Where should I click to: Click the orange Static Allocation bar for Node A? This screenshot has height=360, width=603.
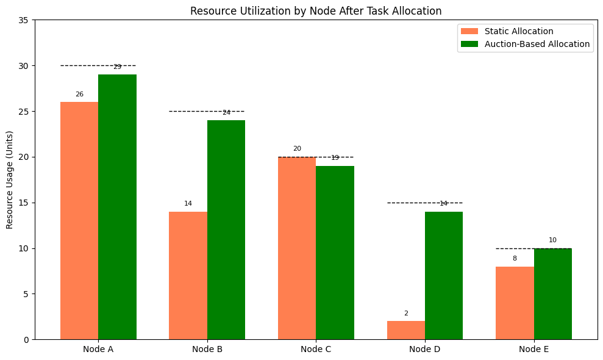pyautogui.click(x=79, y=220)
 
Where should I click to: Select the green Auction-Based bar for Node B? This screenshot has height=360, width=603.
pyautogui.click(x=226, y=229)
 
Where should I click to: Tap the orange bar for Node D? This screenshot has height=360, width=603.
pyautogui.click(x=406, y=330)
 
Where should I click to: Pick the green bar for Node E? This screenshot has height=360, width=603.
pyautogui.click(x=553, y=293)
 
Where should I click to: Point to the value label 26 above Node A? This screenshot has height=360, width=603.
pyautogui.click(x=79, y=95)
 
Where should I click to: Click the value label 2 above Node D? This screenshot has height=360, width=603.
pyautogui.click(x=406, y=314)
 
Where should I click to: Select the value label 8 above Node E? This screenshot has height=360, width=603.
pyautogui.click(x=515, y=259)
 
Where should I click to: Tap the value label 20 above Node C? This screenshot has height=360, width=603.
pyautogui.click(x=297, y=149)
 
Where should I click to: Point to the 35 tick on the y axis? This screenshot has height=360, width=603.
pyautogui.click(x=24, y=20)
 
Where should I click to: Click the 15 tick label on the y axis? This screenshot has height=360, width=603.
pyautogui.click(x=24, y=203)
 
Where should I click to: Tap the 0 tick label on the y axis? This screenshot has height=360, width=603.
pyautogui.click(x=26, y=340)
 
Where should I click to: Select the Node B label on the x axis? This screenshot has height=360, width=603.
pyautogui.click(x=207, y=350)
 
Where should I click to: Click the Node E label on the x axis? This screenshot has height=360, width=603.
pyautogui.click(x=534, y=350)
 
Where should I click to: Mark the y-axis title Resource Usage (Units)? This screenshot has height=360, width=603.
pyautogui.click(x=10, y=179)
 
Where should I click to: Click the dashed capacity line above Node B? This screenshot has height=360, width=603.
pyautogui.click(x=189, y=111)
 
